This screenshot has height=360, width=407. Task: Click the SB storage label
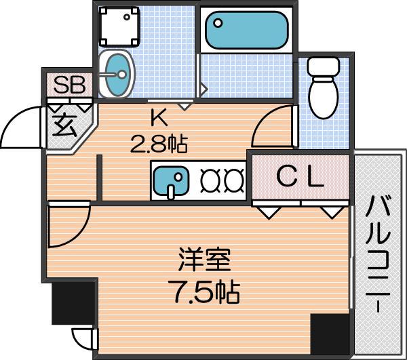coord(70,85)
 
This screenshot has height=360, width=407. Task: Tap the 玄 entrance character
coord(64,125)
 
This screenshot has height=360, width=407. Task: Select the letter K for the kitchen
coord(159,119)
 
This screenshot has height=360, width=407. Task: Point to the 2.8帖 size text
coord(159,144)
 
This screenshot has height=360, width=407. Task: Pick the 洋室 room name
coord(205,260)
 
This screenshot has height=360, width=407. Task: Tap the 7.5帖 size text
coord(203,292)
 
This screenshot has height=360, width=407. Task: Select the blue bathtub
coord(247,30)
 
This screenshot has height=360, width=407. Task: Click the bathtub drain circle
coord(218,23)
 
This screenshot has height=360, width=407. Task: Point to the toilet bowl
coord(324,97)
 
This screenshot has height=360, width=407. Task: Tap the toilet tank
coord(324,66)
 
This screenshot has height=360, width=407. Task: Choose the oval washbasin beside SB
coord(117,74)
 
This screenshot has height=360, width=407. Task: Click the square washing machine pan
coord(119,26)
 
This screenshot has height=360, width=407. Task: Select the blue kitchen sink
coord(170,181)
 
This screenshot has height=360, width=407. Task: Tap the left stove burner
coord(210,180)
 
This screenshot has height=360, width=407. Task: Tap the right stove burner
coord(235,180)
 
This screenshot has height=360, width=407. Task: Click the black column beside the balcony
coord(330,334)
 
